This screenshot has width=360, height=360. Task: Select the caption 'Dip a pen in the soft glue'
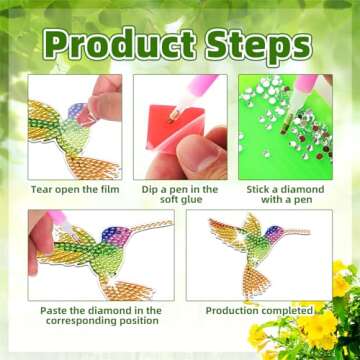click(180, 195)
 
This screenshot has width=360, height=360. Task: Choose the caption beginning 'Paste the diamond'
click(100, 317)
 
